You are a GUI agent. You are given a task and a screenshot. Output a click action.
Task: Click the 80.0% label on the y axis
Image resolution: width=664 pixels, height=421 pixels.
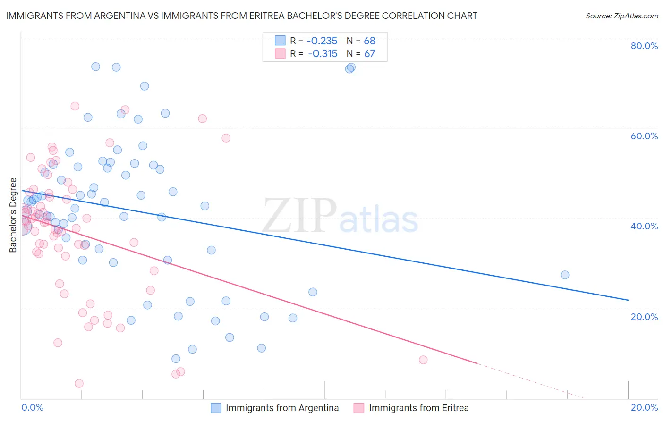click(x=644, y=46)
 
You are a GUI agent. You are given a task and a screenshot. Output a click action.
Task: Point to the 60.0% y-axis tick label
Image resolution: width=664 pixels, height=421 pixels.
click(x=644, y=136)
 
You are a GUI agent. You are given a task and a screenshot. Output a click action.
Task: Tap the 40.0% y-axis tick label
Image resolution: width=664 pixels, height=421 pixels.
click(x=644, y=226)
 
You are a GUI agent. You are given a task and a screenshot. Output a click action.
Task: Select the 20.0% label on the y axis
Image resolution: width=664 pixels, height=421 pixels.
click(x=644, y=316)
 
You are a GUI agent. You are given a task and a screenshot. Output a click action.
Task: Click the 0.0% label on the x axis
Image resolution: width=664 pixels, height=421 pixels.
click(x=32, y=407)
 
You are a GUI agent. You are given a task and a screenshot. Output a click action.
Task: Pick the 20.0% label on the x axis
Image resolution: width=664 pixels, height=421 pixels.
click(x=644, y=407)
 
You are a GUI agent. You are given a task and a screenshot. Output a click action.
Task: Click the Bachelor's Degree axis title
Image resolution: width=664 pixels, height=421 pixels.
click(x=13, y=215)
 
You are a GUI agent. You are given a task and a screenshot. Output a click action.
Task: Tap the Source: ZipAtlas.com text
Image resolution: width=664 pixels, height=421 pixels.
click(x=621, y=16)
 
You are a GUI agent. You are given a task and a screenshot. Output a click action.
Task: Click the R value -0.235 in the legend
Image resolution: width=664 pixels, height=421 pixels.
click(x=322, y=41)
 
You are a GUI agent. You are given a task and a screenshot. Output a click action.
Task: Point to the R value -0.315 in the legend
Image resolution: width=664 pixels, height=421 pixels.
click(x=322, y=54)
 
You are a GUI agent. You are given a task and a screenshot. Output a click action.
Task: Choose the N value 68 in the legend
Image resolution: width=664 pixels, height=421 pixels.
click(x=369, y=41)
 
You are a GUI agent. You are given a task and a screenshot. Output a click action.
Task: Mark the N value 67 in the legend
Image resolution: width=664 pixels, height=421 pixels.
click(x=369, y=54)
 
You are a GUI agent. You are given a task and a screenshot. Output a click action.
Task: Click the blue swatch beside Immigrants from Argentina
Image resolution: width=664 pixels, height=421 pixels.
click(x=216, y=408)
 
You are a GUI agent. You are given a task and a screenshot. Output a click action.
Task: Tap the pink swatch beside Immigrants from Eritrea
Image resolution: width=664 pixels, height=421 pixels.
click(x=359, y=408)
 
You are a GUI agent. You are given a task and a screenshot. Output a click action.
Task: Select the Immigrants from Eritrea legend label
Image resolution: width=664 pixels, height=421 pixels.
click(x=418, y=408)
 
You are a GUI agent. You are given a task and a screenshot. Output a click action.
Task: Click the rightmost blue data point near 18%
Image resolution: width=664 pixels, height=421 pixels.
click(x=564, y=275)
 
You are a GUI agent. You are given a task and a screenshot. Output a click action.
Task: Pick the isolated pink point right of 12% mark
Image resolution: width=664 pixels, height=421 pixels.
click(x=423, y=360)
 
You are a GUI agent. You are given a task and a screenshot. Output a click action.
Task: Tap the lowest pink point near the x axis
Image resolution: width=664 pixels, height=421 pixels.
click(x=79, y=383)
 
